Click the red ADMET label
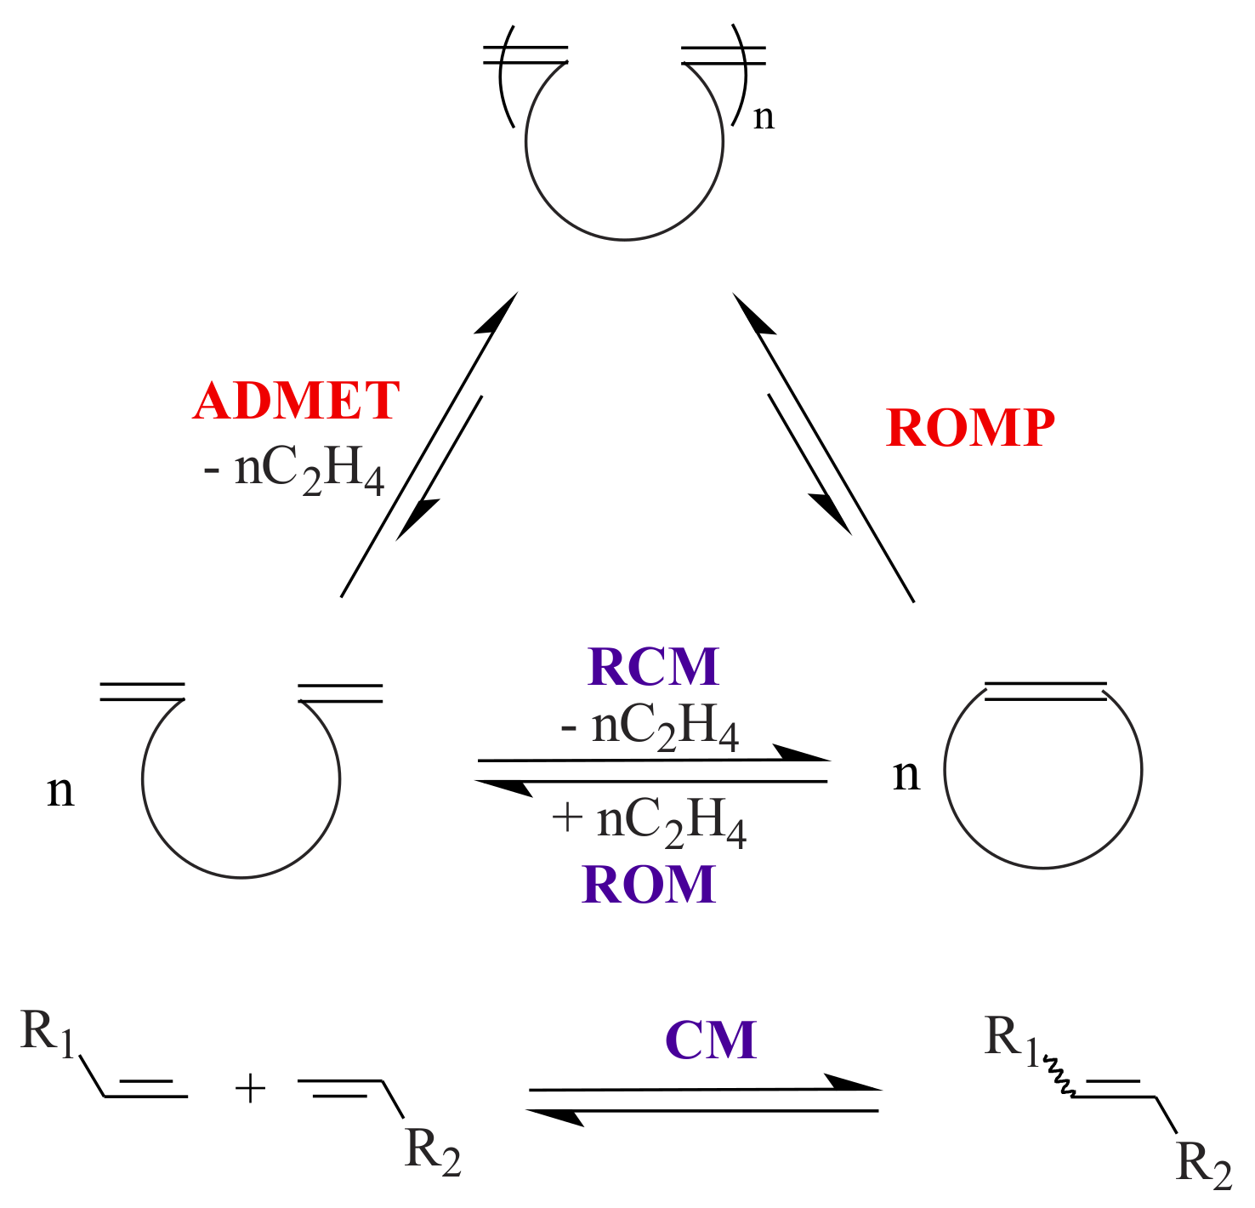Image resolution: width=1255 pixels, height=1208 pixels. (x=296, y=401)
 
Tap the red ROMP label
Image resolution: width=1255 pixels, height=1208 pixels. (x=970, y=428)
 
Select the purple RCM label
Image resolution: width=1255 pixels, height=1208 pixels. (x=653, y=667)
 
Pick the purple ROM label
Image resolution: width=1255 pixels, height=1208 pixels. (x=649, y=885)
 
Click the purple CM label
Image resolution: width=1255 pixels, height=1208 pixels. (x=711, y=1040)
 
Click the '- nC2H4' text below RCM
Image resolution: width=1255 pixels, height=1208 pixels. (x=650, y=728)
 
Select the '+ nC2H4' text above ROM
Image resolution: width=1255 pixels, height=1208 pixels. (x=650, y=822)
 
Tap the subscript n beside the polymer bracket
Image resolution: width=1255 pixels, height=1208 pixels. (x=764, y=117)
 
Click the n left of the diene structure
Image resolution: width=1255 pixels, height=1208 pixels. (x=60, y=790)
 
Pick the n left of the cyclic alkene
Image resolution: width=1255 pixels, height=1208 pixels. (x=906, y=775)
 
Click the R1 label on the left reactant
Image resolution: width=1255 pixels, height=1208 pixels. (x=48, y=1034)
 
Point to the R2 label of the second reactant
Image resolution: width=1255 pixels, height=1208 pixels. (x=433, y=1151)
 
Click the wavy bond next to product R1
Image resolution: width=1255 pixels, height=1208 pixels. (x=1059, y=1075)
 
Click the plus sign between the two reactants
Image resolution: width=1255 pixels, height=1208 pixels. (x=250, y=1089)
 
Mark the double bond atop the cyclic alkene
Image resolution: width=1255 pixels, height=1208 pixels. (x=1045, y=691)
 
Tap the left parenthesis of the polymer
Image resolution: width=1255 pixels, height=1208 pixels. (x=504, y=77)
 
